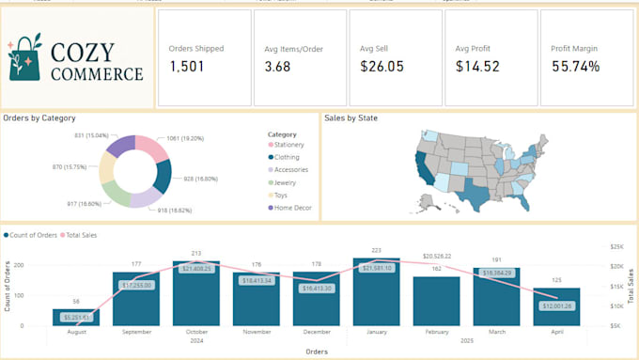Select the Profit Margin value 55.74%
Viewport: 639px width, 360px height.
click(x=575, y=67)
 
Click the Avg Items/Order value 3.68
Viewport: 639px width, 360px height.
click(x=277, y=67)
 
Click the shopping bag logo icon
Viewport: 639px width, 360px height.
click(x=24, y=57)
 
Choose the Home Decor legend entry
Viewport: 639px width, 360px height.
click(x=291, y=208)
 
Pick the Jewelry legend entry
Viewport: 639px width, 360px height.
click(x=286, y=182)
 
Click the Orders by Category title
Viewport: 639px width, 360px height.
click(x=39, y=118)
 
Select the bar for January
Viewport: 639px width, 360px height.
click(x=376, y=291)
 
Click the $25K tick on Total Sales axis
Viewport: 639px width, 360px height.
click(x=617, y=246)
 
